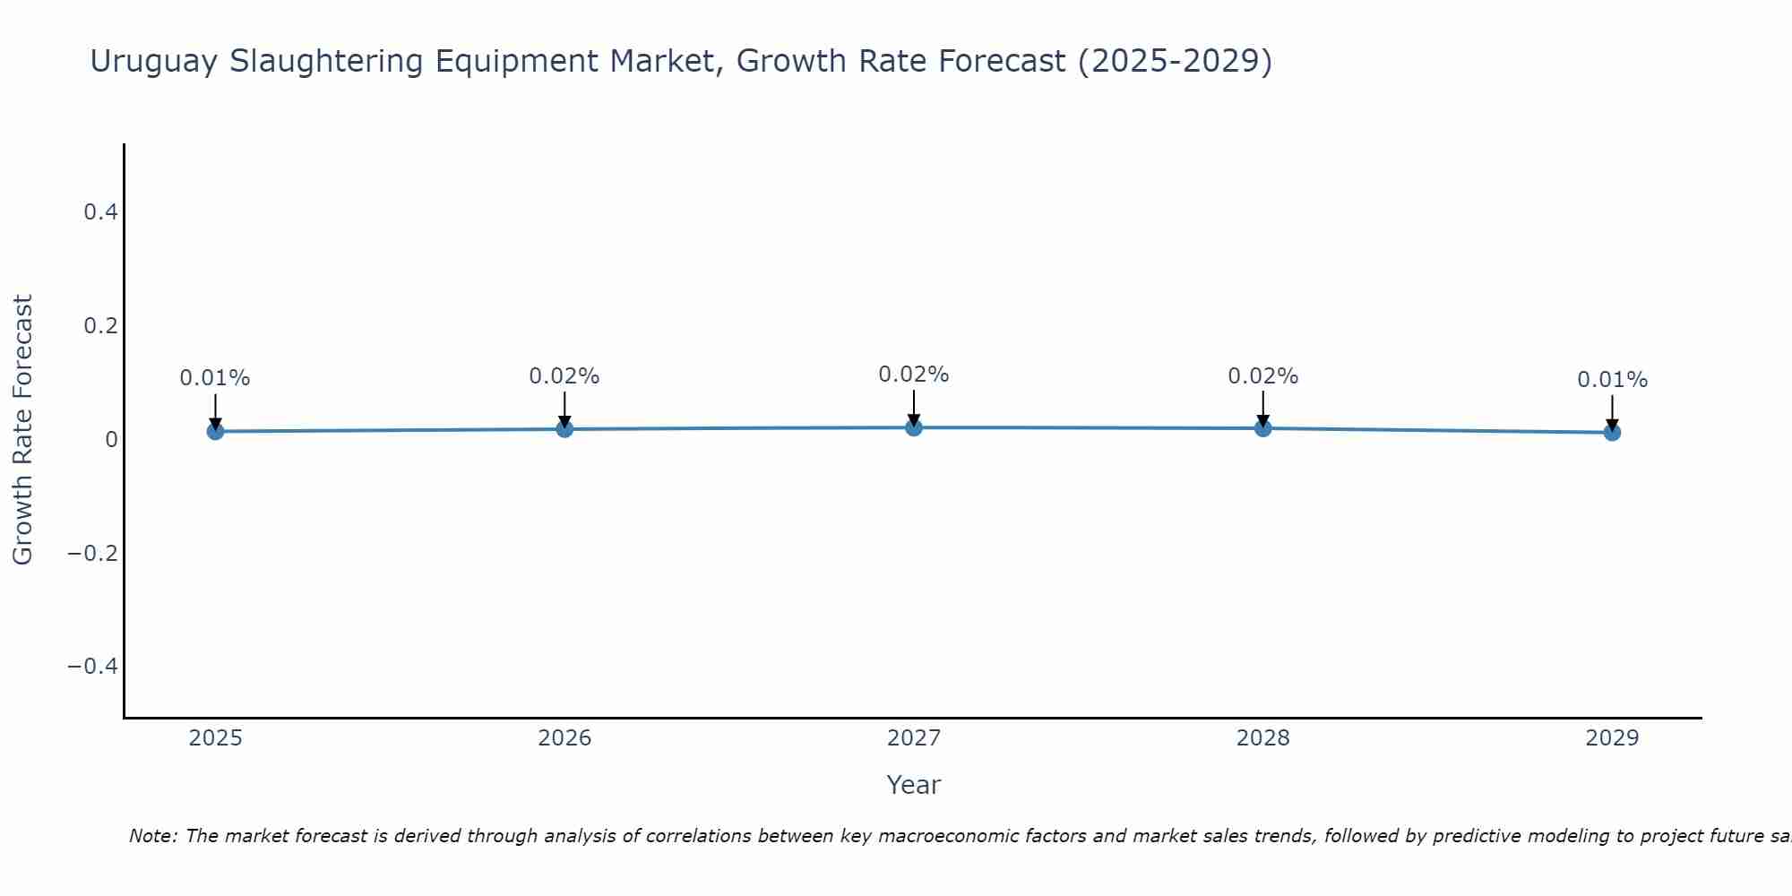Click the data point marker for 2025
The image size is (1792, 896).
point(215,431)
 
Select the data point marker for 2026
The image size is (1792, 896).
point(564,429)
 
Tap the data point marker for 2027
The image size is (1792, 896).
point(914,427)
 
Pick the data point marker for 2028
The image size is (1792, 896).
point(1263,428)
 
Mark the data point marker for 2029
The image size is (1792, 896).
point(1612,432)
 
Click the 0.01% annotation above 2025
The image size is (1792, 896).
point(215,378)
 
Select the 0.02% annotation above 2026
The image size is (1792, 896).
point(564,376)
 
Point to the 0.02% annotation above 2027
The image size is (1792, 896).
point(914,375)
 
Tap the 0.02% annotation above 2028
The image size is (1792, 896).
point(1263,376)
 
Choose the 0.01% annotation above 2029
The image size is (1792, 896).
point(1612,380)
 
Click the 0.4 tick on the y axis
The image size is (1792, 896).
point(100,212)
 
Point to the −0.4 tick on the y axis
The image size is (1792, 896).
point(93,666)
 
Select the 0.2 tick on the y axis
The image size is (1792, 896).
point(100,325)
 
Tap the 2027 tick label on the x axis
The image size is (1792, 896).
point(914,738)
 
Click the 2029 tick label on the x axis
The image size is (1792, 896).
point(1612,738)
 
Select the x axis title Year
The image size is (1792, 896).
point(914,785)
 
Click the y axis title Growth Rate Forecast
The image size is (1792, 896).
point(22,430)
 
